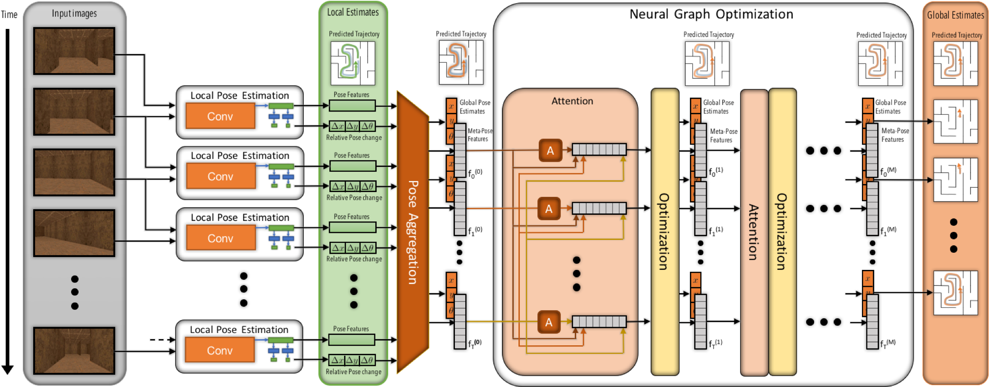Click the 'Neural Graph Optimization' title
[x=711, y=14]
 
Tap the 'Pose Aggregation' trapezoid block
[x=413, y=232]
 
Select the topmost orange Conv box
[x=220, y=116]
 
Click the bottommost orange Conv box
[x=220, y=350]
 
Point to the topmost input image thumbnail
[x=74, y=51]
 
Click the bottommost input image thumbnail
[x=74, y=350]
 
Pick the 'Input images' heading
[x=74, y=13]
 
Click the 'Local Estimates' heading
[x=353, y=12]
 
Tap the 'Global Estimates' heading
[x=955, y=15]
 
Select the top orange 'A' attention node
[x=550, y=150]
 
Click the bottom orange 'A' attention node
[x=549, y=322]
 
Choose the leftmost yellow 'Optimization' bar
[x=664, y=231]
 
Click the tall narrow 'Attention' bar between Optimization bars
[x=753, y=232]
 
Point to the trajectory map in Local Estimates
[x=353, y=63]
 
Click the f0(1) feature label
[x=716, y=171]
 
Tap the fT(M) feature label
[x=888, y=343]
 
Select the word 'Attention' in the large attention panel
[x=572, y=101]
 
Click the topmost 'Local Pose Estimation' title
[x=239, y=95]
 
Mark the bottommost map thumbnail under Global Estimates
[x=955, y=293]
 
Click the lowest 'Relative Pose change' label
[x=354, y=372]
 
